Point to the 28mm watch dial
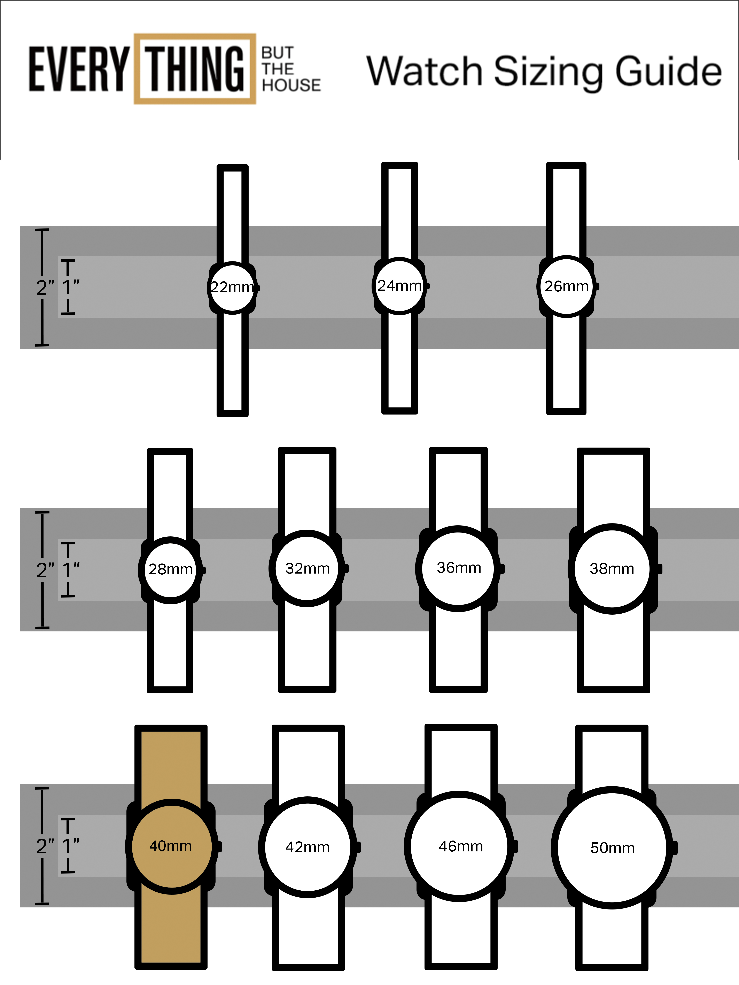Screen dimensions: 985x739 click(x=171, y=569)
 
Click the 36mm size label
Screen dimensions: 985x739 click(x=459, y=568)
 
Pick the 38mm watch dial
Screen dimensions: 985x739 click(x=612, y=569)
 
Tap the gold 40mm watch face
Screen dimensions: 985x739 click(x=171, y=846)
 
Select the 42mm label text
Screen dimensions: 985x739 click(x=307, y=847)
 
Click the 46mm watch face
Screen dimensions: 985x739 click(x=460, y=846)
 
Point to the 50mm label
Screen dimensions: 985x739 click(x=613, y=848)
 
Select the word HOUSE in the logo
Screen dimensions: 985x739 click(x=291, y=85)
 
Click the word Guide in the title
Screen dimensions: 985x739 click(x=668, y=71)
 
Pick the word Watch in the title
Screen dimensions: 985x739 click(x=425, y=71)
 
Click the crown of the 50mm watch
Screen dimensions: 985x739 click(x=674, y=848)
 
